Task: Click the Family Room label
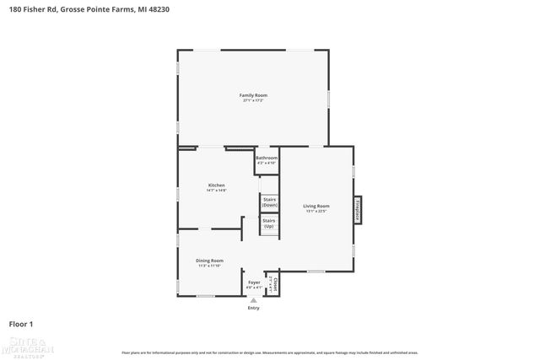(x=251, y=95)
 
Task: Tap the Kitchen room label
(x=217, y=185)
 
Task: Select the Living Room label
(x=316, y=206)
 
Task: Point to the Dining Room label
(x=210, y=261)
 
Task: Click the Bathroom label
(x=267, y=158)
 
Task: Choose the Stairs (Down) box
(x=269, y=202)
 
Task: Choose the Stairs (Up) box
(x=269, y=224)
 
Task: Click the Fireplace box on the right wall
(x=357, y=210)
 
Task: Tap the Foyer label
(x=253, y=282)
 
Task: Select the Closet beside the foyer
(x=273, y=285)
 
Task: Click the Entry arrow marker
(x=253, y=299)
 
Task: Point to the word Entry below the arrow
(x=253, y=308)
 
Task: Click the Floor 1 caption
(x=22, y=323)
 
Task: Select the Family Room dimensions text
(x=251, y=100)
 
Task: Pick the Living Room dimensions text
(x=316, y=211)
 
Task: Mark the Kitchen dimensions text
(x=217, y=190)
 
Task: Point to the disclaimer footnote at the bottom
(x=270, y=352)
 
